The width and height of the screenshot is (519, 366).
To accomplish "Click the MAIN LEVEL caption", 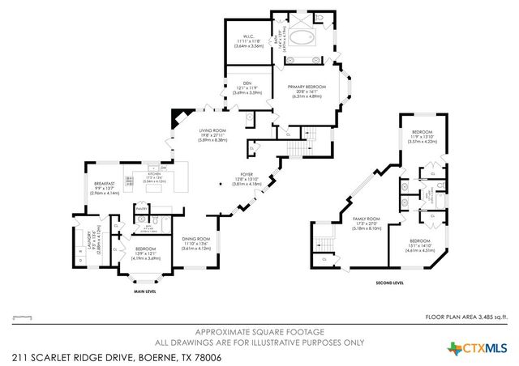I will (145, 291).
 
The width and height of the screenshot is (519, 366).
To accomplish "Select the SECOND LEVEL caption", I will (389, 283).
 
